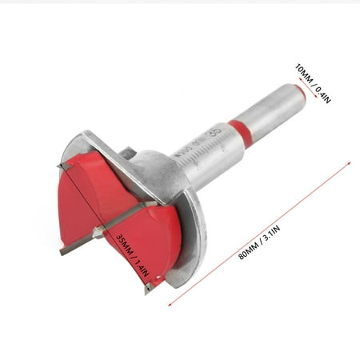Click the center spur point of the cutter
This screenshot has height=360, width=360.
[98, 233]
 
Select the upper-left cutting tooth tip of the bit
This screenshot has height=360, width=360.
[59, 166]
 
